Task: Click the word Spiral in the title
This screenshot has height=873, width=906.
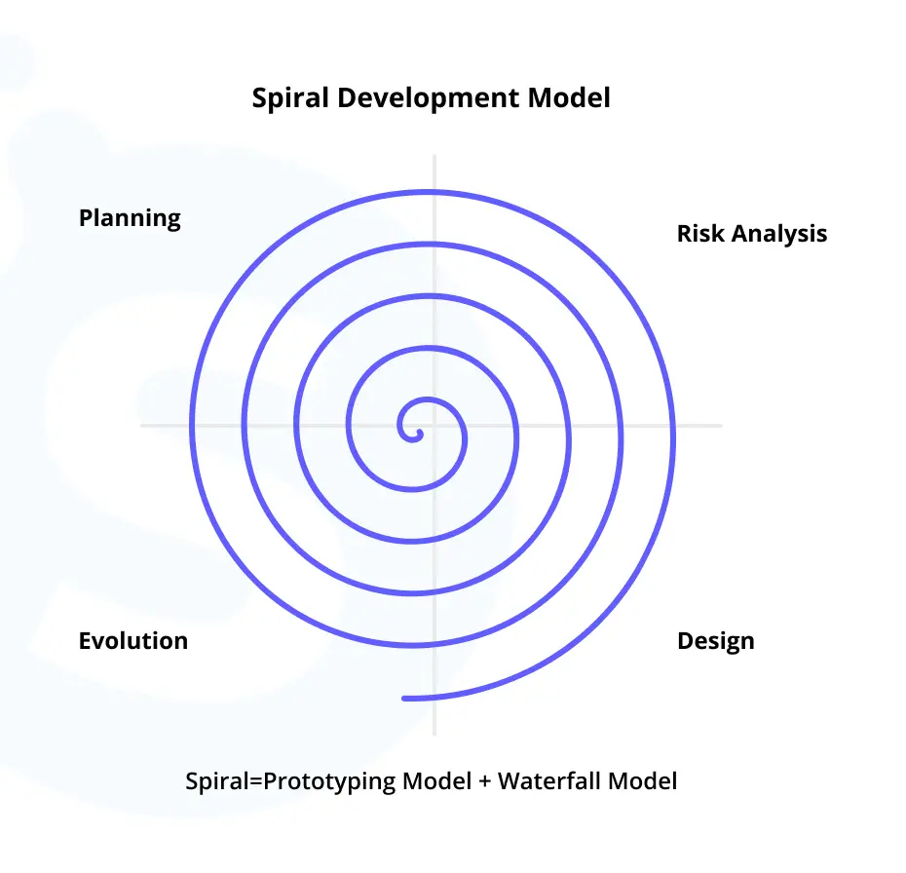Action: pos(290,98)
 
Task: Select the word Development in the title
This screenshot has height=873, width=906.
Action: pos(428,98)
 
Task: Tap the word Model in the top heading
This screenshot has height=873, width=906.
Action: pos(569,97)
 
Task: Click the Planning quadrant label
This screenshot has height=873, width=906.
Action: pos(130,218)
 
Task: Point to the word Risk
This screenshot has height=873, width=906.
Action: pos(700,234)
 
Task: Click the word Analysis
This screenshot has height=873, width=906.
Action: pos(779,234)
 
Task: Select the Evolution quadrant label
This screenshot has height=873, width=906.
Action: pos(133,641)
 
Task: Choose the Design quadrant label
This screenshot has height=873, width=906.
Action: pos(716,641)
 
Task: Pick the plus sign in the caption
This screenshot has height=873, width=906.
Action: pos(485,782)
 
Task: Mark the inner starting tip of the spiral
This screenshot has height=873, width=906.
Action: pos(420,434)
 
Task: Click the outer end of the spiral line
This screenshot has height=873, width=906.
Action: pos(405,699)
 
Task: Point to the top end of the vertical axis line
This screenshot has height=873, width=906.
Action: pos(434,155)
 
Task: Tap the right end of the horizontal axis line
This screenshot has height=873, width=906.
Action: pos(721,426)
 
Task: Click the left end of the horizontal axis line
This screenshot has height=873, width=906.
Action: pos(141,426)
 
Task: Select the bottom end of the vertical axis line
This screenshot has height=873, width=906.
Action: pos(434,735)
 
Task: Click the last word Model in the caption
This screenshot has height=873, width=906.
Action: pos(643,780)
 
